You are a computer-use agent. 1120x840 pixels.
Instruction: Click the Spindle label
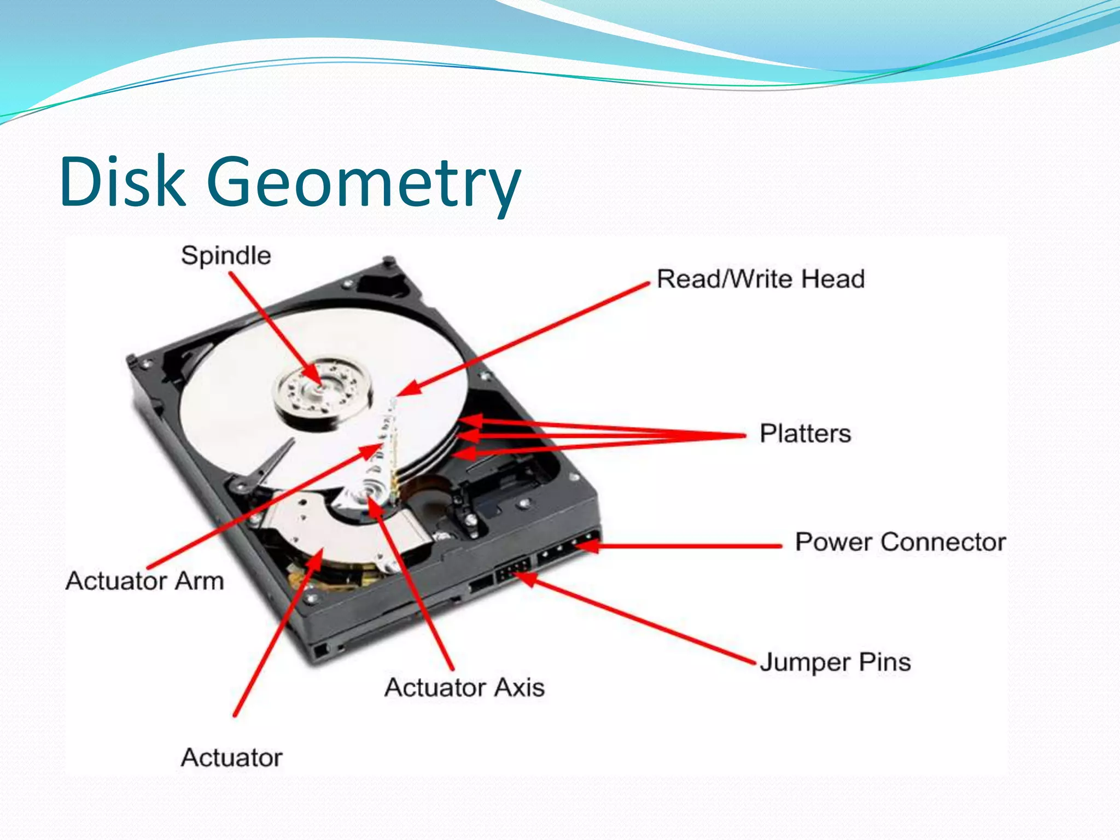[226, 256]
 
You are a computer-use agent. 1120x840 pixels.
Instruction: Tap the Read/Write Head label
[760, 279]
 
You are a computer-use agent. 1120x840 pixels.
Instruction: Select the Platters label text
[805, 434]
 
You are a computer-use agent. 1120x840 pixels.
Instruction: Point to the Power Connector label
[900, 542]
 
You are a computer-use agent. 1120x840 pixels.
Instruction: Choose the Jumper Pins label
[835, 662]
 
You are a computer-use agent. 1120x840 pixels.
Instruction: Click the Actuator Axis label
[464, 687]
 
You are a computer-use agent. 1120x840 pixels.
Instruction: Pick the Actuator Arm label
[145, 581]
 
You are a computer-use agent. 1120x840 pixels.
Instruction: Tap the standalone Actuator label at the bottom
[232, 757]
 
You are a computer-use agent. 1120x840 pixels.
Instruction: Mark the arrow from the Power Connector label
[684, 545]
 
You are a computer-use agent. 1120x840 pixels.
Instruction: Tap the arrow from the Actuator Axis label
[413, 585]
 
